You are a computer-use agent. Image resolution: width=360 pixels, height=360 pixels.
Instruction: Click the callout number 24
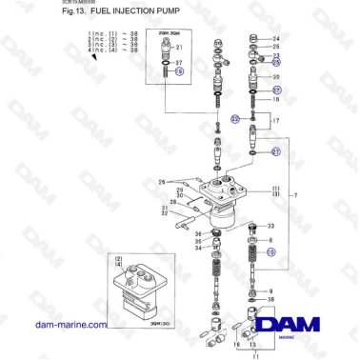[276, 38]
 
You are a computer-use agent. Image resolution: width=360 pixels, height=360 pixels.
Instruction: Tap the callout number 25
[276, 46]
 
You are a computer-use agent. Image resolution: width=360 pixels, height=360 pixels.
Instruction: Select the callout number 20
[276, 76]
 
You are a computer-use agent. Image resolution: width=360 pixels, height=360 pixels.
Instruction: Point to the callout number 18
[276, 98]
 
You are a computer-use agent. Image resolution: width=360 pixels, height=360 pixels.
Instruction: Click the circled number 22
[233, 119]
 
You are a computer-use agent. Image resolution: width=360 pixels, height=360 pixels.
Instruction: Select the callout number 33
[273, 226]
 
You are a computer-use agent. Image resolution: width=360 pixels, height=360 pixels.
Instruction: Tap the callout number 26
[162, 182]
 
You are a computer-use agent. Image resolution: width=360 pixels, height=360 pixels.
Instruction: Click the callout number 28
[173, 203]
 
